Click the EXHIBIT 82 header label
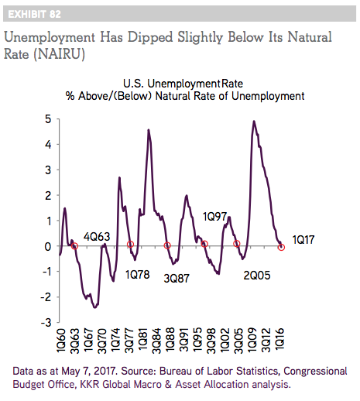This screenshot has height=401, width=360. point(34,14)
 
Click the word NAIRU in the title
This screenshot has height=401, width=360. point(60,54)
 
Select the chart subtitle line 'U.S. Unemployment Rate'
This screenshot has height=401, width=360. point(183,84)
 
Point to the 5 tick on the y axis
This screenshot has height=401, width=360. point(48,119)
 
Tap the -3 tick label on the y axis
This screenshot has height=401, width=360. point(46,323)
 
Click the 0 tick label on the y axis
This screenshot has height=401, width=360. point(48,246)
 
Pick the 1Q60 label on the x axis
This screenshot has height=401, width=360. point(62,341)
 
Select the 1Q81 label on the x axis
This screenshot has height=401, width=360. point(143,341)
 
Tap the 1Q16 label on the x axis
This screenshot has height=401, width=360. point(279,341)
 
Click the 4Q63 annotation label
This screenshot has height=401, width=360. point(97,237)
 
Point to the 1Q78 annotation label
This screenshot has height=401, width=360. point(138,275)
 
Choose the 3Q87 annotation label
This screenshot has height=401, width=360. point(177,278)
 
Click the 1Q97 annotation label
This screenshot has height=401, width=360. point(214,217)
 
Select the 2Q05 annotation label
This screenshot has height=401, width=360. point(257,276)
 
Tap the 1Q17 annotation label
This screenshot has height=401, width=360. point(303,240)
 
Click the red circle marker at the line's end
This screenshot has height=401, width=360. point(282,248)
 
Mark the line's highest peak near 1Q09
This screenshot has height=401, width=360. point(254,121)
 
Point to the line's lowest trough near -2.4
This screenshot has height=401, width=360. point(95,307)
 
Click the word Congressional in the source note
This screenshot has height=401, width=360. point(315,371)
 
